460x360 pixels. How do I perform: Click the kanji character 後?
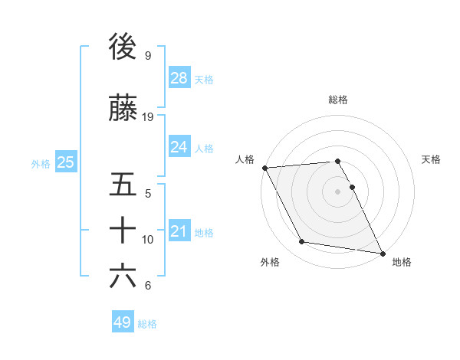point(123,47)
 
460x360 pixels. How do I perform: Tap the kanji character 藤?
point(123,109)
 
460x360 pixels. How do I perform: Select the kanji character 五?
point(123,185)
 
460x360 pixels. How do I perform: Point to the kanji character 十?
point(123,230)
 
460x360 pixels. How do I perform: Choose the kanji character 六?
point(123,276)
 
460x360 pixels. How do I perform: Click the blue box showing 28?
point(179,78)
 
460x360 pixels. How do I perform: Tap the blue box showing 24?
point(179,147)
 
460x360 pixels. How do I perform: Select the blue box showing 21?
point(179,231)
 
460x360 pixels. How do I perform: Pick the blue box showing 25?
point(66,162)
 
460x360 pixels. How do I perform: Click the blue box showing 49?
point(123,322)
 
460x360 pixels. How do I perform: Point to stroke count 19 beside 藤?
point(148,117)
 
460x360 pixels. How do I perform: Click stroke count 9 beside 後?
point(147,56)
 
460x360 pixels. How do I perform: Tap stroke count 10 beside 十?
point(148,240)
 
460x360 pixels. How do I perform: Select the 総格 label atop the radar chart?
point(338,100)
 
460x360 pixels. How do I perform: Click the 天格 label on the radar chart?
point(432,159)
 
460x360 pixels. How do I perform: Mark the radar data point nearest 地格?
point(382,253)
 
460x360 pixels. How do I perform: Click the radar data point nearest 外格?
point(302,242)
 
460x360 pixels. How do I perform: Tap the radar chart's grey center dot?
point(338,191)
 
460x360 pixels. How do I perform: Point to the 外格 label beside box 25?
point(41,163)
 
